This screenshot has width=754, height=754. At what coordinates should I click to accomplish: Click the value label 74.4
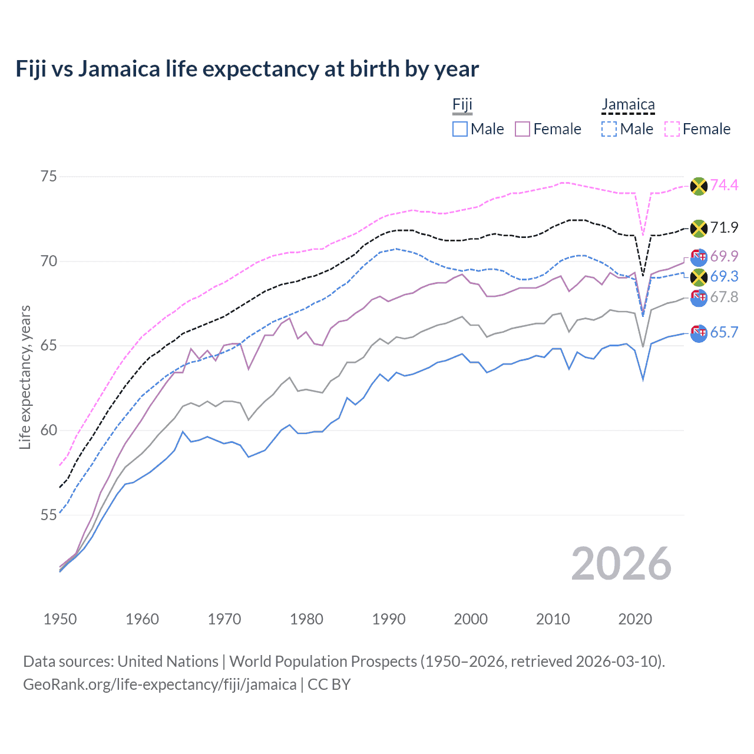coord(724,186)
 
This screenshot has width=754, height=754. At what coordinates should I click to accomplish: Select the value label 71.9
coord(724,228)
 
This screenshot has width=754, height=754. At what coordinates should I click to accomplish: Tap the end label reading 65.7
coord(724,333)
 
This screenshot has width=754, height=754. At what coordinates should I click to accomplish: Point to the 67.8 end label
coord(724,297)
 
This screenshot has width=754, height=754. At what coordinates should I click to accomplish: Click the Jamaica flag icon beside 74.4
coord(699,186)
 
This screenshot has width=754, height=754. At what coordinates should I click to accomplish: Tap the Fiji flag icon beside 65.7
coord(699,333)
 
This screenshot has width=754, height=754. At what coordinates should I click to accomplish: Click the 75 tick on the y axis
coord(49,177)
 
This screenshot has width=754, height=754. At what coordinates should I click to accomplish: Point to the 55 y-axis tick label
coord(49,515)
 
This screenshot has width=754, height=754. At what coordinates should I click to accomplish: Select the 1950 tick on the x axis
coord(60,619)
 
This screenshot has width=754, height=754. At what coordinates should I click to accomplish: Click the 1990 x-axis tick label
coord(389,619)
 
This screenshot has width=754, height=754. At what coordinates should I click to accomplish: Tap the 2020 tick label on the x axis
coord(635,619)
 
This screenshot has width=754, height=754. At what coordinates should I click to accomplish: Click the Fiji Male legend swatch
coord(460,129)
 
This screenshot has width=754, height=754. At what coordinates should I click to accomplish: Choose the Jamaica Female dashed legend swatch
coord(672,129)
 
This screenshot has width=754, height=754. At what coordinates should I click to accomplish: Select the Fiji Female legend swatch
coord(522,129)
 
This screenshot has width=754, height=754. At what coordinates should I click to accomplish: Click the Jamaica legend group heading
coord(628,105)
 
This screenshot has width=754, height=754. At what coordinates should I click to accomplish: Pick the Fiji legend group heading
coord(462,105)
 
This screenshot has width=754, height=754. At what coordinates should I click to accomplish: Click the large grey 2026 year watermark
coord(621,564)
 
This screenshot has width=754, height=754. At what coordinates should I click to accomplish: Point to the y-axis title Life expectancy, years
coord(25,377)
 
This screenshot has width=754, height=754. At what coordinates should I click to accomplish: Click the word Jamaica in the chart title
coord(119,69)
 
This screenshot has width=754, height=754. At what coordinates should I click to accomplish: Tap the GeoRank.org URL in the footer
coord(160,684)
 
